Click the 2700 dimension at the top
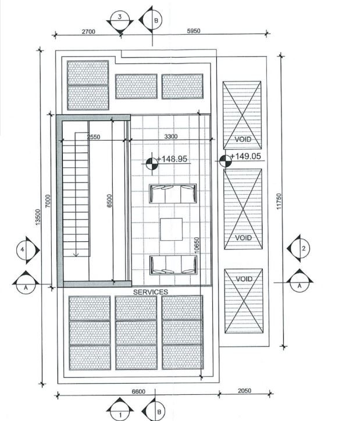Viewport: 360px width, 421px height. coord(88,31)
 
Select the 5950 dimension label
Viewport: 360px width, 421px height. coord(193,31)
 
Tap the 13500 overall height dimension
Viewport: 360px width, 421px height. coord(38,217)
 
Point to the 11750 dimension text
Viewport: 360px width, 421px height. coord(279,201)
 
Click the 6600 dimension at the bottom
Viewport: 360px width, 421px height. coord(138,392)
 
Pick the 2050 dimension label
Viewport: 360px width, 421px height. coord(244,391)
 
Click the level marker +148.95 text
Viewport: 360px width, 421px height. coord(172,159)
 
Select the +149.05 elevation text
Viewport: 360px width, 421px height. coord(245,156)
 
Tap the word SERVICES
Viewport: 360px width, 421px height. coord(151,292)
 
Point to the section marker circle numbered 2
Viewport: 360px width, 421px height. coord(302,248)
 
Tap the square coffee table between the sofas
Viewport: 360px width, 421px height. coord(171,229)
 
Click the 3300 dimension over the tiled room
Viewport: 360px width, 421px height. coord(171,137)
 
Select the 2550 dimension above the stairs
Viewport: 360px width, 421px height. coord(94,137)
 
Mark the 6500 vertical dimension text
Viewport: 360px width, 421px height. coord(109,201)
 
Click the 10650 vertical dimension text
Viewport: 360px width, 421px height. coord(197,245)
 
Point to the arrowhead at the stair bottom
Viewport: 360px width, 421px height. coord(76,254)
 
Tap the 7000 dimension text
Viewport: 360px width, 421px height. coord(48,201)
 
